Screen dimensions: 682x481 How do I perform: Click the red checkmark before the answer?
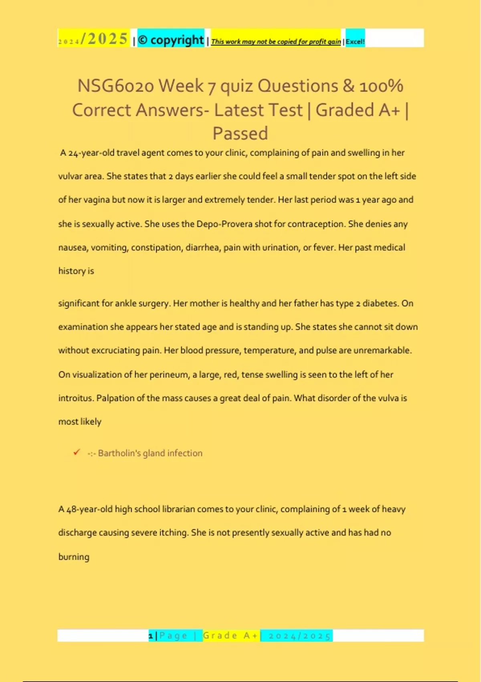(77, 452)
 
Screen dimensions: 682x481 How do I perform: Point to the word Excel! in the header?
(355, 41)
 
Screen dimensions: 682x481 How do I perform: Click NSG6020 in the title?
(115, 86)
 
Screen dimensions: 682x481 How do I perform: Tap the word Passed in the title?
(240, 133)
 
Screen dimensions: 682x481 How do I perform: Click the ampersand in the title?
(349, 86)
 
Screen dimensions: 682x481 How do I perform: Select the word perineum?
(169, 375)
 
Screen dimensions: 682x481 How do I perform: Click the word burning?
(74, 557)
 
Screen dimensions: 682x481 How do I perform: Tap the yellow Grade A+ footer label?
(231, 635)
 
